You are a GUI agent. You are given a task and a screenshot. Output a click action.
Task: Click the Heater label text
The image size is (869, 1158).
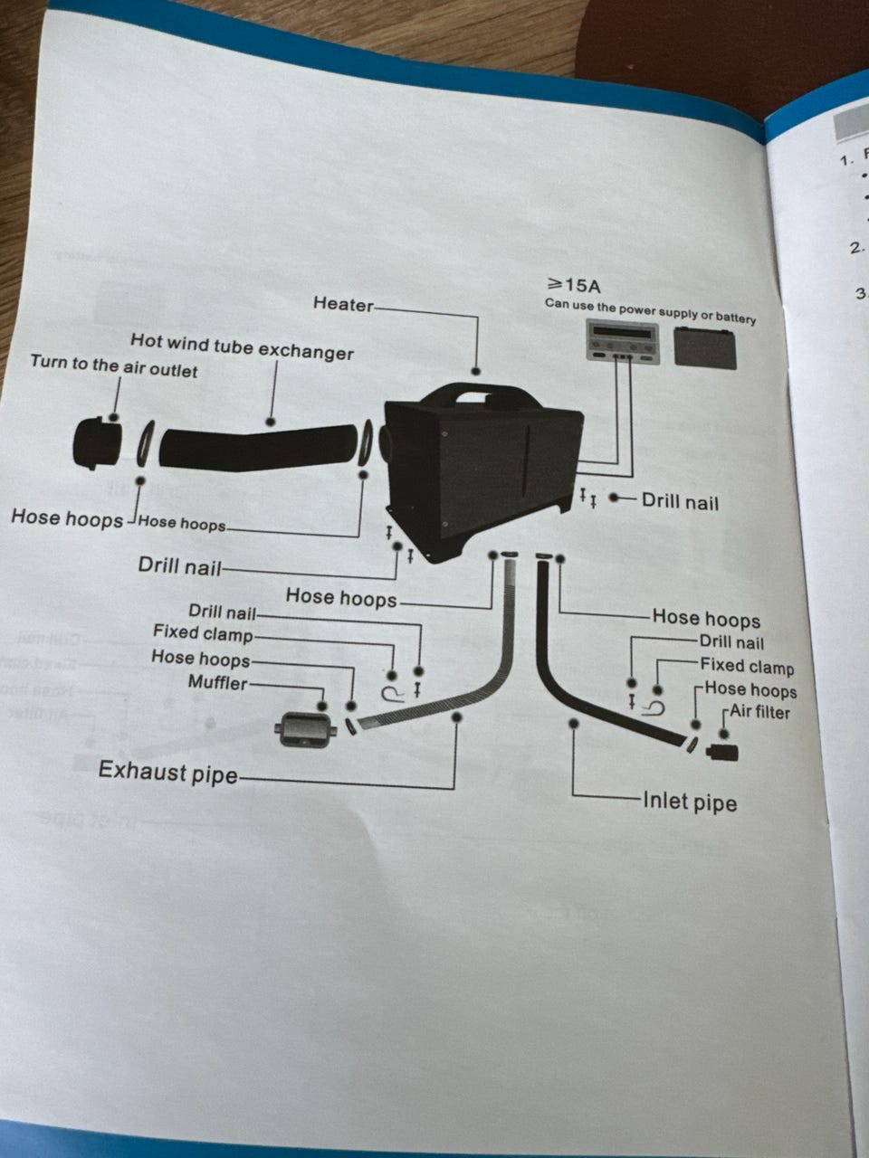(343, 304)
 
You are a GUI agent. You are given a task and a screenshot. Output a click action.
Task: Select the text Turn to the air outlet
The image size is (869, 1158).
(113, 365)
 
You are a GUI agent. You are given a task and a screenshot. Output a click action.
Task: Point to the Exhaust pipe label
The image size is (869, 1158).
(167, 773)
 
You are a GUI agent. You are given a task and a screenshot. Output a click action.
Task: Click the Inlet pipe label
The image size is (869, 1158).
(690, 802)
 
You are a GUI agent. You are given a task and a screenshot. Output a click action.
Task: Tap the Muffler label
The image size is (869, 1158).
(217, 682)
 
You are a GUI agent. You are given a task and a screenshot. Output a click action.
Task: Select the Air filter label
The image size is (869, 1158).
(760, 712)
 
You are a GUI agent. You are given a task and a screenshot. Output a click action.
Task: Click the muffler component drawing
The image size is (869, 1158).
(302, 729)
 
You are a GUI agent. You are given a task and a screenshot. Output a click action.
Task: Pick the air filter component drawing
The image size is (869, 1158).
(722, 751)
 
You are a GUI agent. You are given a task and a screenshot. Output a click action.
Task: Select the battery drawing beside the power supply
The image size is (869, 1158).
(705, 347)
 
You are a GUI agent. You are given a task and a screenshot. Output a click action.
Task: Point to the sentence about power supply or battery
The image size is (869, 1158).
(650, 310)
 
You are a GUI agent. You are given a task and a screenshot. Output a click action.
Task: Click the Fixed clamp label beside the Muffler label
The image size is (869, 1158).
(203, 633)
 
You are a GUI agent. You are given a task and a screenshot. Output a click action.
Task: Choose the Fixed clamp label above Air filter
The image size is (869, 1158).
(747, 667)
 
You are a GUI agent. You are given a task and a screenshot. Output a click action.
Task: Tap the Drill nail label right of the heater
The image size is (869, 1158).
(680, 501)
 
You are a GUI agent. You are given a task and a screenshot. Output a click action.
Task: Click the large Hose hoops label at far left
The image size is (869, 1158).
(66, 518)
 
